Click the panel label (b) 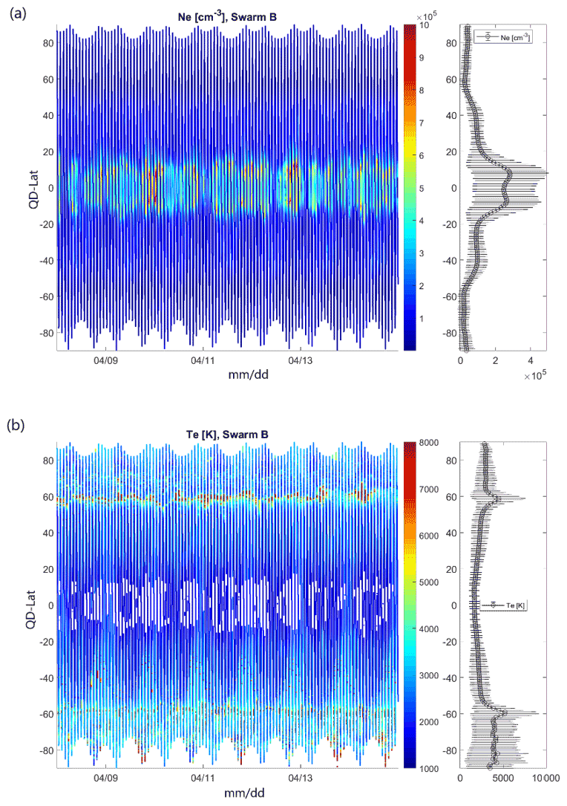(15, 426)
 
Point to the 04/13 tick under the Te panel (300, 779)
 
